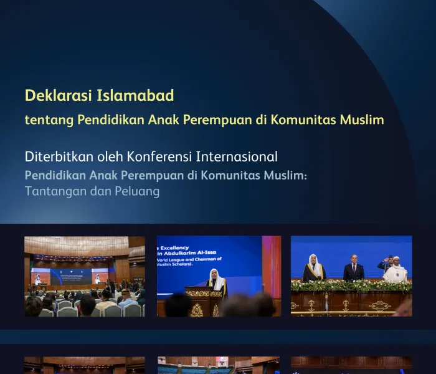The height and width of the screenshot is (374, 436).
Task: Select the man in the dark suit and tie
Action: coord(353,268)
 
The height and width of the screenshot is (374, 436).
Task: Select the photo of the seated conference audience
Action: coord(85,276)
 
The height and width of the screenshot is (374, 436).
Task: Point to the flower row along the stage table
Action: coord(351,286)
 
